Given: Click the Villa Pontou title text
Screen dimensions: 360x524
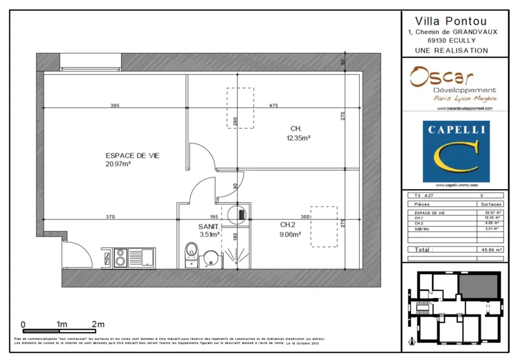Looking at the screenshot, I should pos(450,21).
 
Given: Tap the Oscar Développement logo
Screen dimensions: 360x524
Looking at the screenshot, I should pos(453,84).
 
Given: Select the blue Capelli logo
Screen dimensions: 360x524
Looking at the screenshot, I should pos(456,151).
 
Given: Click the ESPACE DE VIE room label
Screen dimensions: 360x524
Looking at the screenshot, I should pos(132,155).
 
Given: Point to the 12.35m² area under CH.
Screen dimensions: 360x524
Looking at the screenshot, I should pos(299,138).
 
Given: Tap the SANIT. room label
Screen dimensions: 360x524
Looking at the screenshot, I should pos(209,227).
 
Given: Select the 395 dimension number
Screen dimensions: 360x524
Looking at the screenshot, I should pos(115,106).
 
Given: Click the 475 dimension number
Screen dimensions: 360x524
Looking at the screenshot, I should pos(273,106).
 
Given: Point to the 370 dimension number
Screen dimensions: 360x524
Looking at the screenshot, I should pos(110,217).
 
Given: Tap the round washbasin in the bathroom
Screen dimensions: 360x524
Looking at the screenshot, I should pos(210,259).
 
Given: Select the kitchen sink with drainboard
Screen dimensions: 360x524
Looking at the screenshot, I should pos(141,257).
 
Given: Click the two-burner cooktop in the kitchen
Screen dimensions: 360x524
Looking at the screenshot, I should pos(121,258).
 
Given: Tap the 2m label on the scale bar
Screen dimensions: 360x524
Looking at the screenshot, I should pos(98,324).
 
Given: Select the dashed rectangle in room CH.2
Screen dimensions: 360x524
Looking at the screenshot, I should pos(323,227).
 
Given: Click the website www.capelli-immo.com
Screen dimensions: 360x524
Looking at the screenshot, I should pos(455,185).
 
